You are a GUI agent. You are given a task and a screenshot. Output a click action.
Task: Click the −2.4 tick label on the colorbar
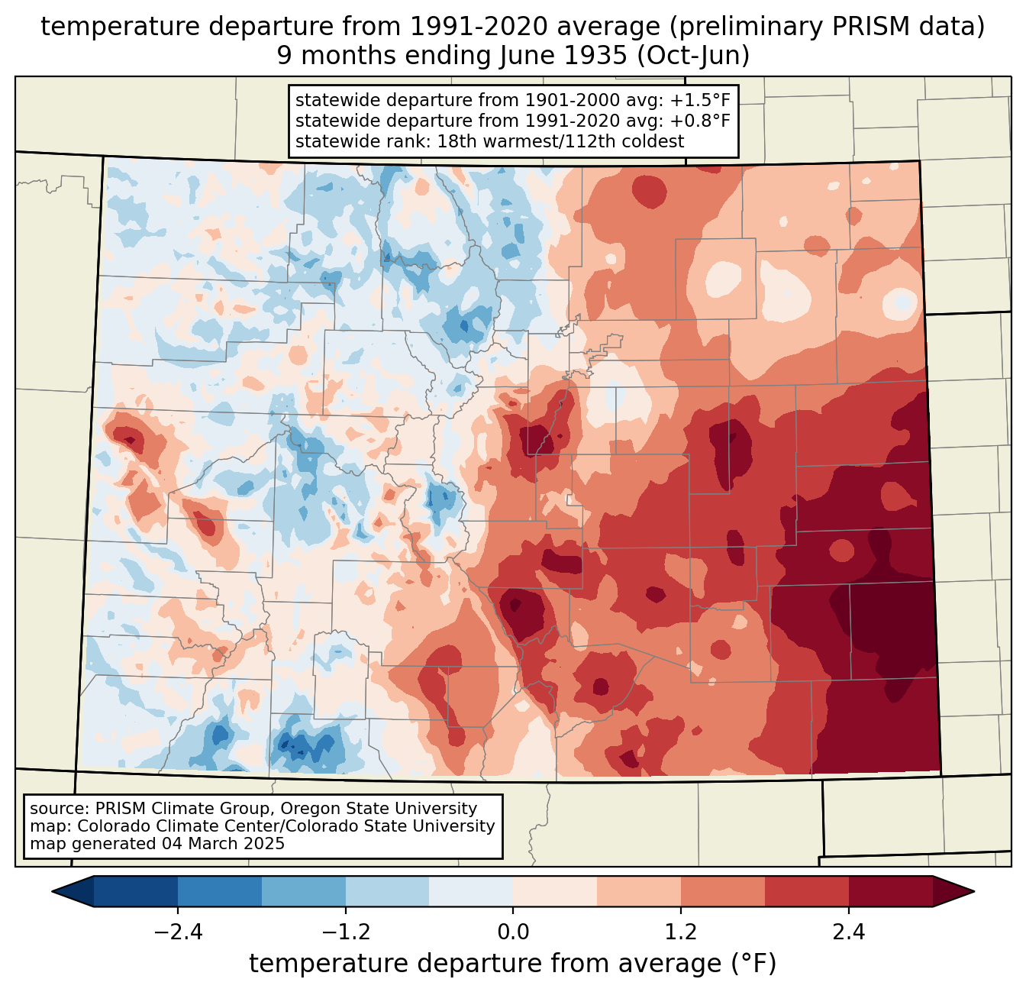pos(178,932)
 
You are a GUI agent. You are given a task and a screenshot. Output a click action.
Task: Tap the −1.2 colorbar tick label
pos(346,932)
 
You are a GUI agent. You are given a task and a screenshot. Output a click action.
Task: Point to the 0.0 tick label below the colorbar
pos(513,932)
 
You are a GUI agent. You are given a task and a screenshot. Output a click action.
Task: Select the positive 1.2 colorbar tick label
pos(681,932)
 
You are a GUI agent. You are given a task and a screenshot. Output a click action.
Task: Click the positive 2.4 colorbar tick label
pos(849,932)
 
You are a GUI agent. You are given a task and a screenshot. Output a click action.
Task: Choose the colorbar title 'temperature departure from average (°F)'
pos(513,964)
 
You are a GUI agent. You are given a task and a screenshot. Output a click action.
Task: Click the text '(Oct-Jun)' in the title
pos(693,56)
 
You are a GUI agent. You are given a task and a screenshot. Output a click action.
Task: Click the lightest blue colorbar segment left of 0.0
pos(471,892)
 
